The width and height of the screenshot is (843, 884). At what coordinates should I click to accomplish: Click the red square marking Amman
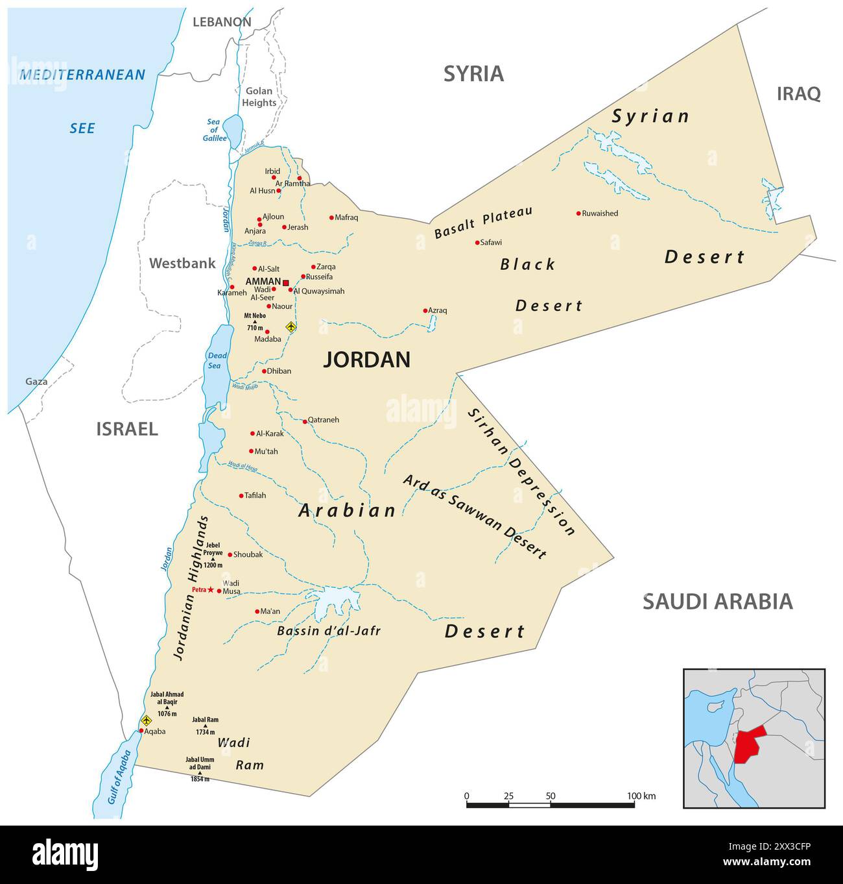[x=286, y=282]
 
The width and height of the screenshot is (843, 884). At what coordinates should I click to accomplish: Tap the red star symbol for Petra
[x=211, y=589]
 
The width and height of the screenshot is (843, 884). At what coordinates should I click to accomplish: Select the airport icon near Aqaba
[x=146, y=720]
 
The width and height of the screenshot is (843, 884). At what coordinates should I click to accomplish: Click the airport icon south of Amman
[x=291, y=326]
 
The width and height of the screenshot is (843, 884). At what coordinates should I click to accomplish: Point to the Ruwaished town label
[x=600, y=214]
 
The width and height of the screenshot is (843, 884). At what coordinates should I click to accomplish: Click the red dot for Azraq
[x=425, y=311]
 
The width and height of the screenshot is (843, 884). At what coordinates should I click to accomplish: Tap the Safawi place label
[x=491, y=243]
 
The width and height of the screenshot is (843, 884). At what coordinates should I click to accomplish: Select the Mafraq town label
[x=346, y=217]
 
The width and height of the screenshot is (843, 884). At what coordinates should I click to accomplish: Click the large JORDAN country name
[x=366, y=360]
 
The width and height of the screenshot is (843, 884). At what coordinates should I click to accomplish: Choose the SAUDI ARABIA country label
[x=717, y=602]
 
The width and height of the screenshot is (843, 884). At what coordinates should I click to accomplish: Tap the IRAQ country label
[x=798, y=94]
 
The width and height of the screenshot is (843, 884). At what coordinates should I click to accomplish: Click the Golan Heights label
[x=259, y=97]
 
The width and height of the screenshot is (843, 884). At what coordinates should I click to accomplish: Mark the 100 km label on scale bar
[x=641, y=796]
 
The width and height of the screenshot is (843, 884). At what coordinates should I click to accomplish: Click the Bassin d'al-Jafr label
[x=329, y=631]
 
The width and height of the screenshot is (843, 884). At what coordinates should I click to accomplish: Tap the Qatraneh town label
[x=323, y=420]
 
